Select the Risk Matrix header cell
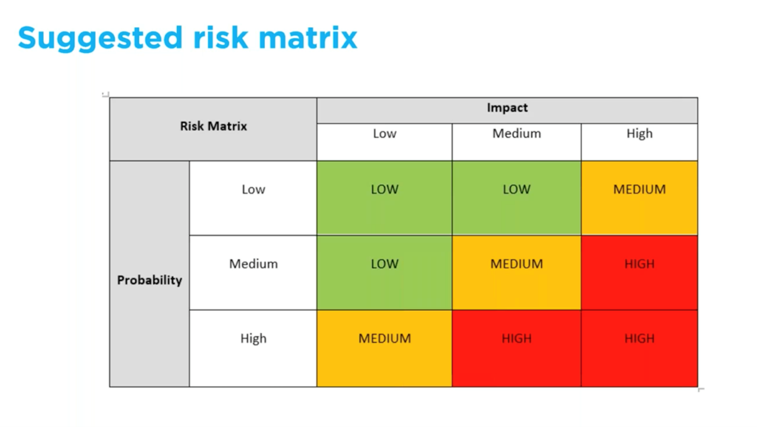(214, 126)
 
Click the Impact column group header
(507, 108)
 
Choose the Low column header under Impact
(384, 134)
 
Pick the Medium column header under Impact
(517, 134)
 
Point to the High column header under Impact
(640, 134)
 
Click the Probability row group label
(149, 280)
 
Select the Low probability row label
(253, 190)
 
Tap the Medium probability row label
(253, 264)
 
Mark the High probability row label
(253, 339)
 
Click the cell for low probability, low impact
(384, 198)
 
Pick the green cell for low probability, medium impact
(517, 198)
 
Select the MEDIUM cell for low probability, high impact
(640, 198)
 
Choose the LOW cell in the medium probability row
(384, 273)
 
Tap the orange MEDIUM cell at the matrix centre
(517, 273)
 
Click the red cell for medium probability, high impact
(640, 273)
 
